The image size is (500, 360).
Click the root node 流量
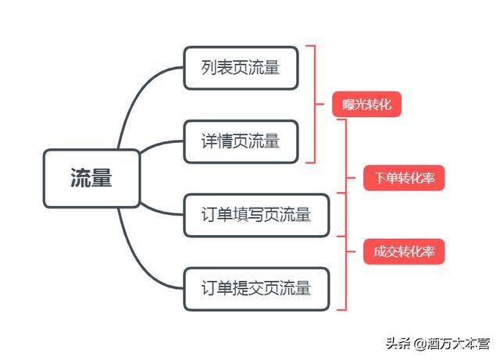tap(91, 179)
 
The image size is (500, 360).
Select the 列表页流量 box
tap(241, 68)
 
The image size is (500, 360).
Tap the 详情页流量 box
tap(241, 141)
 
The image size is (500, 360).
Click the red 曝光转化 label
tap(366, 105)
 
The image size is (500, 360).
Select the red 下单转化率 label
tap(405, 178)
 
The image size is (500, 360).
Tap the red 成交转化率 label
tap(405, 251)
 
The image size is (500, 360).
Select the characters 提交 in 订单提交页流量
tap(248, 288)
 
